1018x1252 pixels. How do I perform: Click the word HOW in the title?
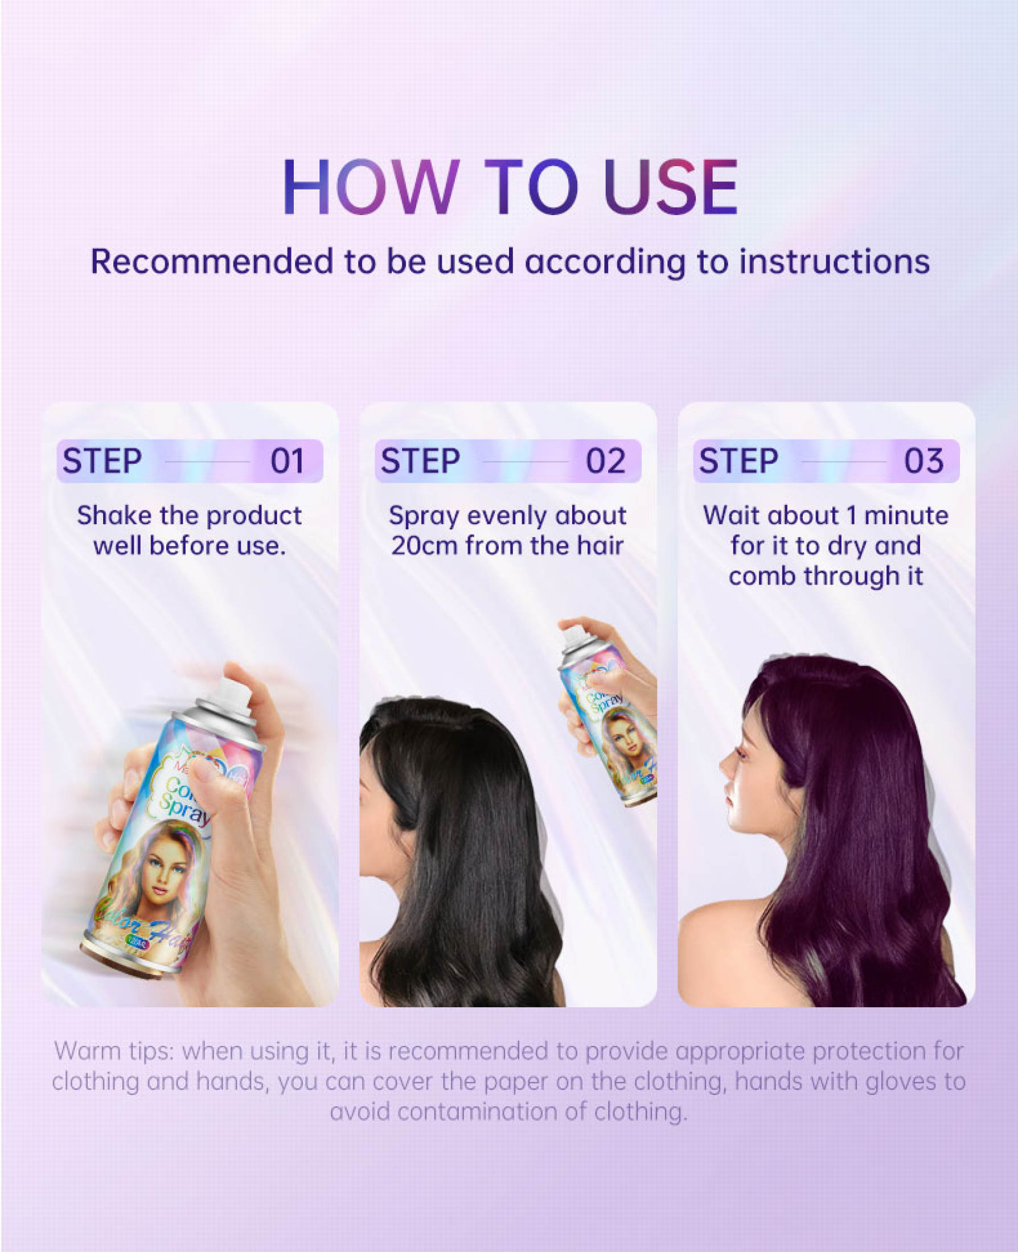click(371, 187)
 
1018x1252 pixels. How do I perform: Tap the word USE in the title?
click(670, 187)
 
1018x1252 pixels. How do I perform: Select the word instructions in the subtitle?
click(834, 261)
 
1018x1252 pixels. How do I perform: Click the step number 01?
click(288, 461)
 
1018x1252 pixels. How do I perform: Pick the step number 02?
click(606, 461)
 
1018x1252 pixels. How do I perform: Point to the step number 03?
click(924, 461)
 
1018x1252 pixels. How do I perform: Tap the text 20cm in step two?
click(424, 546)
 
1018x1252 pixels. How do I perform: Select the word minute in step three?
click(906, 516)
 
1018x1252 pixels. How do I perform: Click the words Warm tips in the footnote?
click(114, 1052)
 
